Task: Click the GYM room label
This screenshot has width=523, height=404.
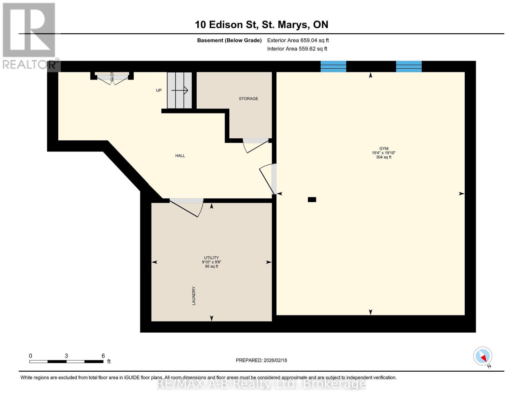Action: pos(384,148)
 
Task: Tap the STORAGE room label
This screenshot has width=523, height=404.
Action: pos(249,99)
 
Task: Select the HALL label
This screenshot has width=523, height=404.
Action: pos(180,156)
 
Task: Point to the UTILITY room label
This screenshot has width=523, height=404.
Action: pos(211,258)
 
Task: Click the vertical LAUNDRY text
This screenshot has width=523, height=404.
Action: pos(194,296)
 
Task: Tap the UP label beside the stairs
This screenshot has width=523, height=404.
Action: pos(159,90)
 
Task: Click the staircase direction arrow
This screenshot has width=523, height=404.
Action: pos(180,90)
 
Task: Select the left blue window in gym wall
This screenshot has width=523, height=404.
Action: pos(333,66)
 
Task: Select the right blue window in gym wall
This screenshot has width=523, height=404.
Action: pos(408,66)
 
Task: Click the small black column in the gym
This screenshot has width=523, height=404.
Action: pos(312,200)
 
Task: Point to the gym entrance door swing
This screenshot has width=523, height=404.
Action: pos(268,178)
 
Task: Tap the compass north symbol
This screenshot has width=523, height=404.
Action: pos(483,356)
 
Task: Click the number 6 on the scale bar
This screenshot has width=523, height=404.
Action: pos(103,356)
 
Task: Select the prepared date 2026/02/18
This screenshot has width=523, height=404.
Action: pos(261,360)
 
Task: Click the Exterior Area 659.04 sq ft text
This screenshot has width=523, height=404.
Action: pos(298,40)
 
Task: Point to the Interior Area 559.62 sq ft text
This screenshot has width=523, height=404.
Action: pos(297,49)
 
